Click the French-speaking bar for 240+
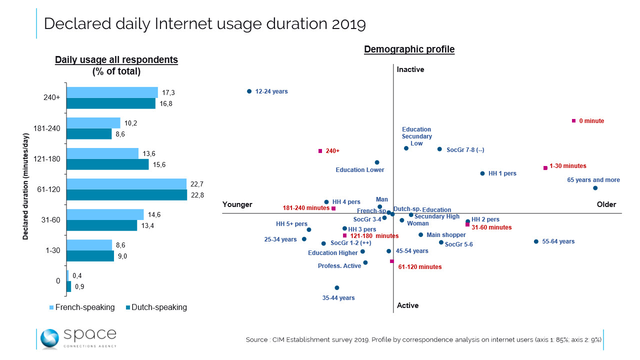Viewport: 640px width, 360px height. [x=112, y=92]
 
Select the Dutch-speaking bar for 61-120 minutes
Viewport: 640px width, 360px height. [x=126, y=195]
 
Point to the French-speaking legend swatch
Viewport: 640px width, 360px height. [x=52, y=307]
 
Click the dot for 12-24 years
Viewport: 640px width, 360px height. [x=249, y=91]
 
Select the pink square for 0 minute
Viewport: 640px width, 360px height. [x=574, y=121]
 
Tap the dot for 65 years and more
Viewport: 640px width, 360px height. [x=595, y=188]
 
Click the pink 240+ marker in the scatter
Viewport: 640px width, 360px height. [x=320, y=151]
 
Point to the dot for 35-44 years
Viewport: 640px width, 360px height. [x=337, y=288]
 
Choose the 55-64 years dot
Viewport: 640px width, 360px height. [x=536, y=241]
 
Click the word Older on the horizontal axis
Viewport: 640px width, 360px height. [x=606, y=204]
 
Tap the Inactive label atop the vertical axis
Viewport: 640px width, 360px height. [x=410, y=69]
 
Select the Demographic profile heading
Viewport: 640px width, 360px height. [x=409, y=49]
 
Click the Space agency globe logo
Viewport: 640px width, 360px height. [x=49, y=338]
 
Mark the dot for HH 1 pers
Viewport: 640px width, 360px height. [x=482, y=173]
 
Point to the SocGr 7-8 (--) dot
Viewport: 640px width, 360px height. [x=439, y=149]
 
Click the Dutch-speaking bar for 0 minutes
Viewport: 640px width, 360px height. [x=69, y=286]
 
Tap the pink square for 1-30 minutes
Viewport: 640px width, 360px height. [x=545, y=168]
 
